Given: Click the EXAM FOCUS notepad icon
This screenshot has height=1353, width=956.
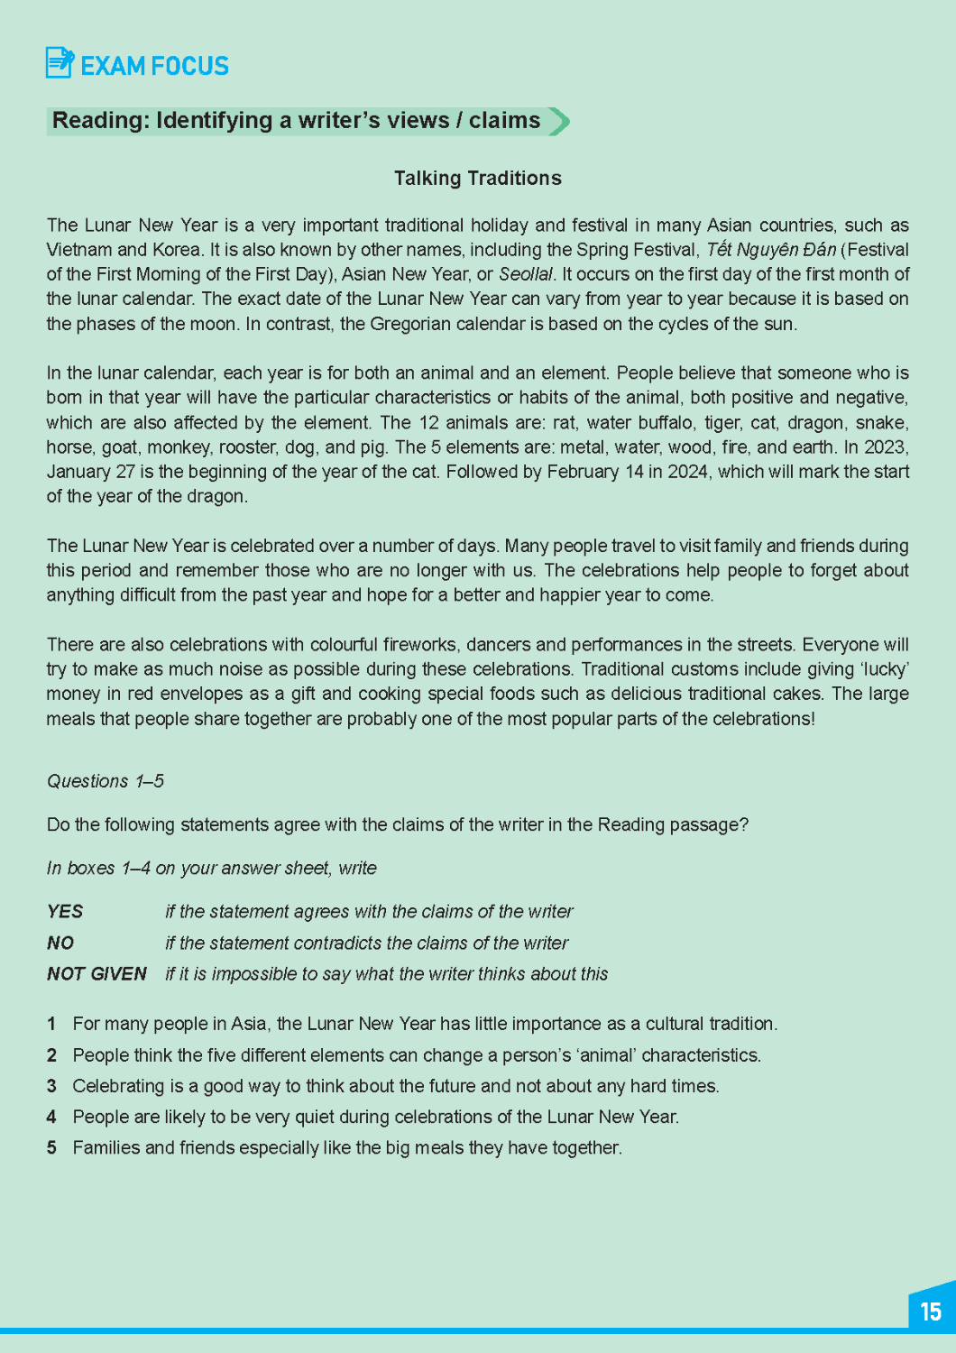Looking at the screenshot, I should pos(60,63).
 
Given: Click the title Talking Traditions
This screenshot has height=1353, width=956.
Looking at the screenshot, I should pos(477,178).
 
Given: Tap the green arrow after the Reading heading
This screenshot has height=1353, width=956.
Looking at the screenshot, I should pos(559,121).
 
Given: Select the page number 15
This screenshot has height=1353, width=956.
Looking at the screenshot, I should pos(931,1311).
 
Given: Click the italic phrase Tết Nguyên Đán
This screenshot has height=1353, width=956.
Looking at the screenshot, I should pos(770,250).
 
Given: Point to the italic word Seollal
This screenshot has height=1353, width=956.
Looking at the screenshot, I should pos(526,274).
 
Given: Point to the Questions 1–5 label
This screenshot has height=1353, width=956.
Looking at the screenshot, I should pos(106,781).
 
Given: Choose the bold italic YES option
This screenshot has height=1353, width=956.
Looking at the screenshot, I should pos(65,912).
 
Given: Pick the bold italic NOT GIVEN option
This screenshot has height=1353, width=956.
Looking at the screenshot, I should pos(97,974).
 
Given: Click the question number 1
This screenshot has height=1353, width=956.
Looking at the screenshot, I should pos(51,1024).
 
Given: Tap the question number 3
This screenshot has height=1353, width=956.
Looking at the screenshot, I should pos(51,1086).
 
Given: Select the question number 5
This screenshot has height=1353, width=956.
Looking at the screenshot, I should pos(51,1148).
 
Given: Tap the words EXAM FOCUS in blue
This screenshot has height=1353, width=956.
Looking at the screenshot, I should pos(154,66).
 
